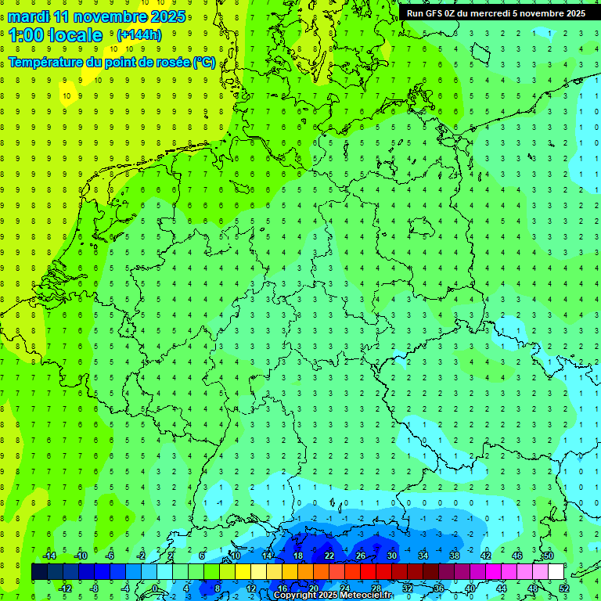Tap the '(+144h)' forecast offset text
pyautogui.click(x=139, y=34)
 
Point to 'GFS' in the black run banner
pyautogui.click(x=436, y=13)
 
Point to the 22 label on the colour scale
pyautogui.click(x=329, y=556)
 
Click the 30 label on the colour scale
pyautogui.click(x=392, y=556)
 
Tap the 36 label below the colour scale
pyautogui.click(x=439, y=588)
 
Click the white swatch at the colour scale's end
pyautogui.click(x=556, y=572)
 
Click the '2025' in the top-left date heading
pyautogui.click(x=167, y=16)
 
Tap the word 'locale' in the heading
pyautogui.click(x=75, y=35)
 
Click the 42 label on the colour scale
pyautogui.click(x=486, y=556)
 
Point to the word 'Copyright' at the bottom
pyautogui.click(x=295, y=596)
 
